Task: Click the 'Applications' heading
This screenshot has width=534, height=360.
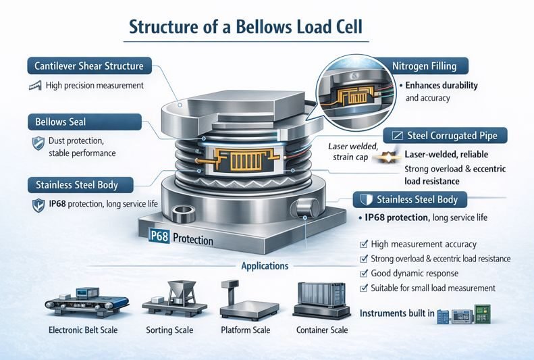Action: pos(265,266)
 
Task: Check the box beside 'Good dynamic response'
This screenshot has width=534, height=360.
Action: pos(365,274)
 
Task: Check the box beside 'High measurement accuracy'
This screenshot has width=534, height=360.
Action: pos(365,244)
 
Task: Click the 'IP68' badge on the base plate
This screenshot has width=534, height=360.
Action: pos(159,238)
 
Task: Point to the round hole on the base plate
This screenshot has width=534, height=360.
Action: pos(182,217)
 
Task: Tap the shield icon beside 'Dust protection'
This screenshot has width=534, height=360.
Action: pos(38,143)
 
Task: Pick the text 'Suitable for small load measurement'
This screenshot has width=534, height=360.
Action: pos(433,288)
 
